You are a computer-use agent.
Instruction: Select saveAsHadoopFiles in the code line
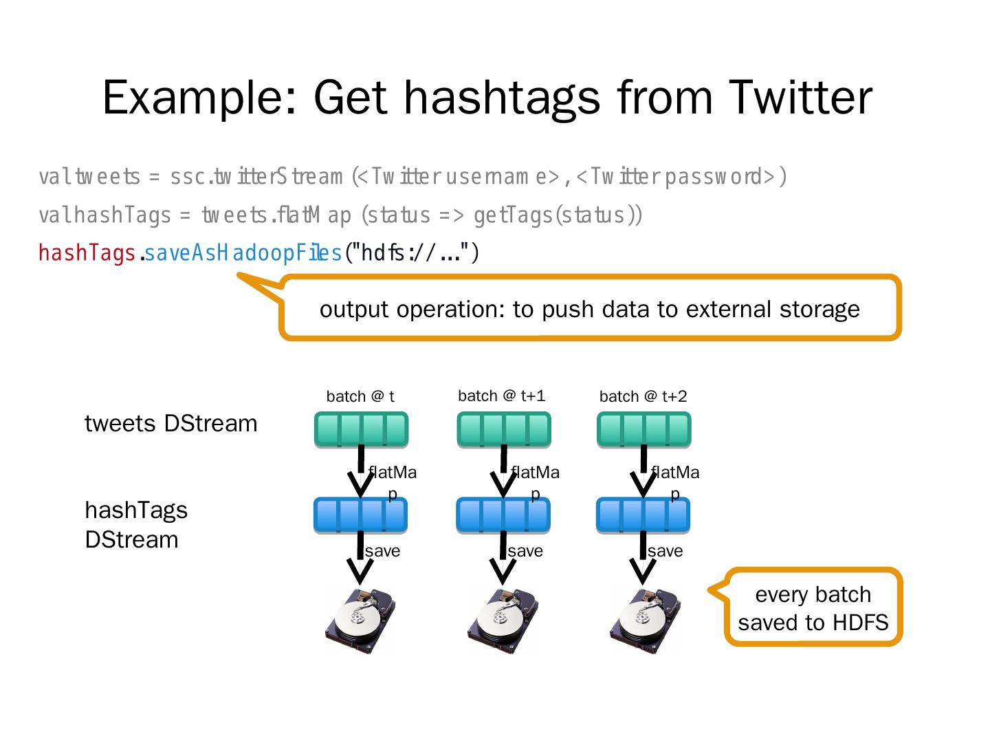[x=243, y=254]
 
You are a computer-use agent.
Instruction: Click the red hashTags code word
[x=87, y=254]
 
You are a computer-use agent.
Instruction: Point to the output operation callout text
[x=589, y=309]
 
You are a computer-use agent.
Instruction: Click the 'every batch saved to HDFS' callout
[x=813, y=608]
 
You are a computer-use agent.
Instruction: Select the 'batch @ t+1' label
[x=501, y=396]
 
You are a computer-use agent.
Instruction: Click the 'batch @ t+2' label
[x=643, y=396]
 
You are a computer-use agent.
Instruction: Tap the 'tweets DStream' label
[x=170, y=423]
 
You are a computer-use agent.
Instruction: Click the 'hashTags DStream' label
[x=135, y=524]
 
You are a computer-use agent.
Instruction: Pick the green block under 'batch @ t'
[x=361, y=429]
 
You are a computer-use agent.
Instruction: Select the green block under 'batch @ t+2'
[x=643, y=429]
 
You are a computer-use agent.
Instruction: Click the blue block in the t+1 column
[x=503, y=515]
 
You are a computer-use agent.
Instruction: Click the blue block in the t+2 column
[x=643, y=515]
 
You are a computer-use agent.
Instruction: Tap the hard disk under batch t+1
[x=503, y=621]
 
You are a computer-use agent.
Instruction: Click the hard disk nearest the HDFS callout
[x=644, y=621]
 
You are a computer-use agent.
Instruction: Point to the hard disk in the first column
[x=360, y=621]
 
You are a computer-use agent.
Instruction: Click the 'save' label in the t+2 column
[x=665, y=551]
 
